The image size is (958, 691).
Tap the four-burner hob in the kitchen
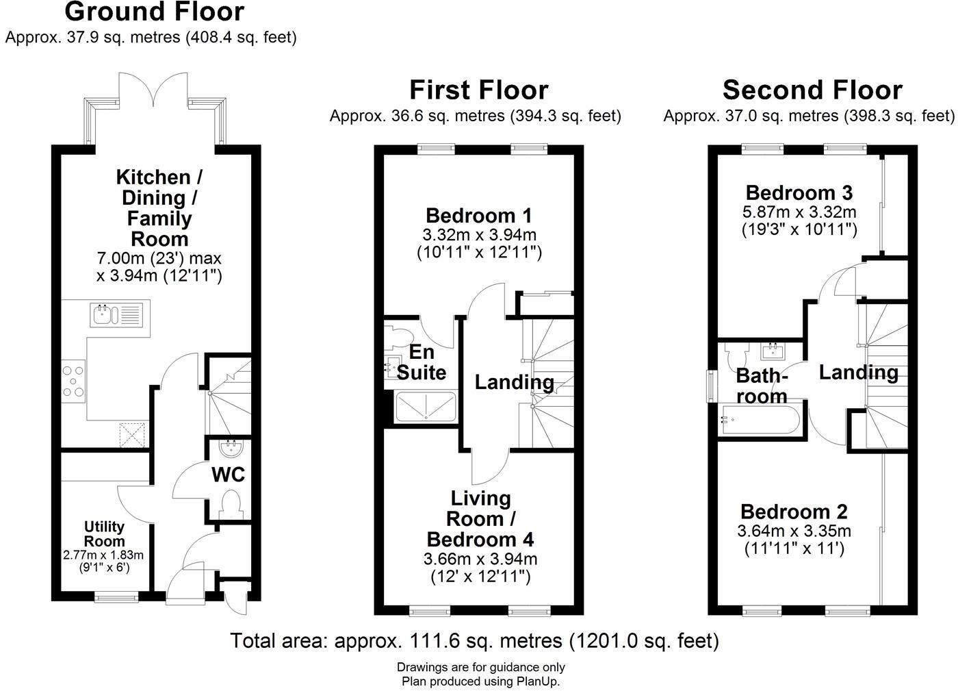73,381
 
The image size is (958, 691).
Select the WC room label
228,475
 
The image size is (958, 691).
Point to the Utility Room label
104,533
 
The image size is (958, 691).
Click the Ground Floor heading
154,12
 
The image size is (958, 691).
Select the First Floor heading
478,90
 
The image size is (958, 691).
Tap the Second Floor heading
812,90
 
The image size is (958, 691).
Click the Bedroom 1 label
479,216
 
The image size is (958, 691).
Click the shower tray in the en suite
425,406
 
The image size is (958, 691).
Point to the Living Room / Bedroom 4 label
480,518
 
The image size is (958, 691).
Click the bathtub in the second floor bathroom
758,419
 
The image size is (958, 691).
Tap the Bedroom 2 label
794,512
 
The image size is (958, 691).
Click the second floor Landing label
858,373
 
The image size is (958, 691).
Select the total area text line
474,641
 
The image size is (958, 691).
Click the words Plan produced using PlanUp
480,681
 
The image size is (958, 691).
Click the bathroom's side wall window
712,387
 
